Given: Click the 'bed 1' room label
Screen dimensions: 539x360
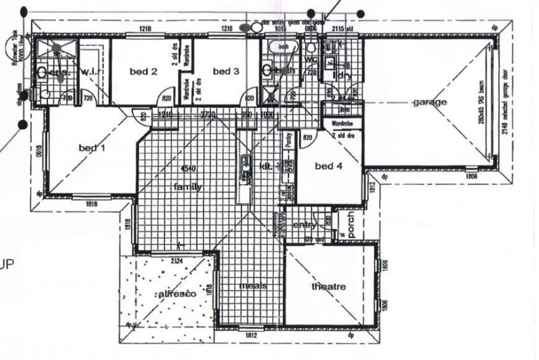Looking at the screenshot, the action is coord(92,147).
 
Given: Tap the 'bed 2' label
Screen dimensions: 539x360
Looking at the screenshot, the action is coord(143,71).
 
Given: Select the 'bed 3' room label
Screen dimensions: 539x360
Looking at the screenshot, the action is coord(226,71).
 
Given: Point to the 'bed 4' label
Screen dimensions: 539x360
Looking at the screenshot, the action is coord(328,166).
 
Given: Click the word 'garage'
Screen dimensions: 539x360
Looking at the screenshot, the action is coord(430,102).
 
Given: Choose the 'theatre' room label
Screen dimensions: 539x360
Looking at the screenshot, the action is coord(328,286).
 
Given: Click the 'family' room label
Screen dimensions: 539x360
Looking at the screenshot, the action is coord(188,187).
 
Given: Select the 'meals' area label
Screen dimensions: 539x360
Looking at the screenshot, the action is coord(253,286).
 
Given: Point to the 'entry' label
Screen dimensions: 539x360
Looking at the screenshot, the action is coord(304,225).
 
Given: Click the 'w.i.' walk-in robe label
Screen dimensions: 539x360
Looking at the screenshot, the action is coord(89,71).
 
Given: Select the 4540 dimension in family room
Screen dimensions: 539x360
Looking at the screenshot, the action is coord(188,168).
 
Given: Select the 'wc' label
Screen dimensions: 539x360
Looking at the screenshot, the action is coord(311,60).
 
